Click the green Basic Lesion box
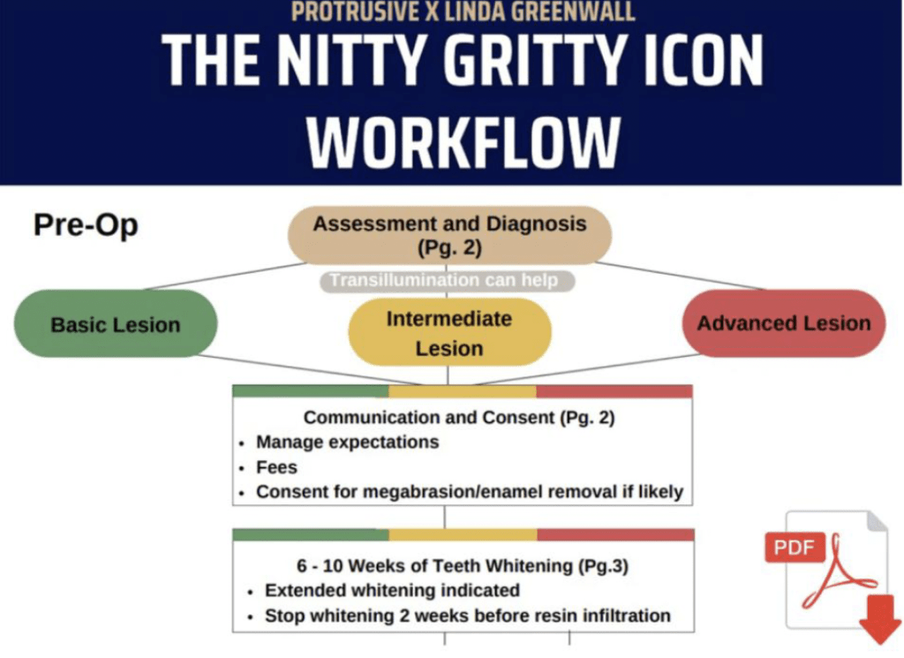point(116,324)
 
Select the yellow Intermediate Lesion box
point(449,333)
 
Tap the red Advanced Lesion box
point(784,323)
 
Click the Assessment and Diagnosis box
point(449,235)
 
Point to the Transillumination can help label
point(444,281)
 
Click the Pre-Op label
point(86,225)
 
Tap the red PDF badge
point(794,547)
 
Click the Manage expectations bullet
point(347,442)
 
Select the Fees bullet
point(276,466)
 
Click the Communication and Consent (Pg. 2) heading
point(459,418)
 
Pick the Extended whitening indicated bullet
point(392,590)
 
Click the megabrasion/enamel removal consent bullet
point(469,491)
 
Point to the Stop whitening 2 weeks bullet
point(467,615)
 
